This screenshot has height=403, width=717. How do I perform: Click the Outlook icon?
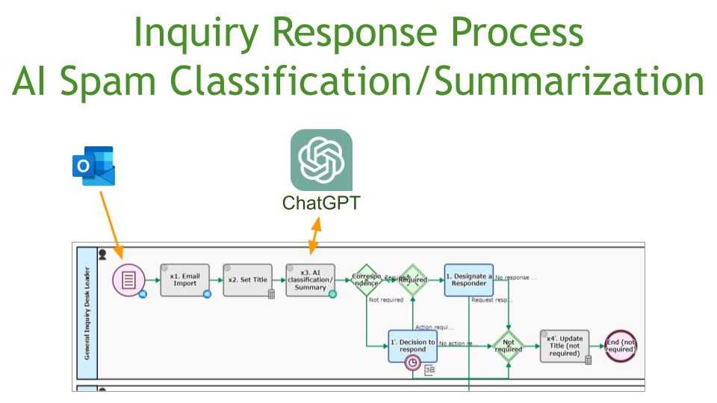click(93, 166)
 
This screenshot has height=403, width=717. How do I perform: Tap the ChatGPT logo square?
click(321, 160)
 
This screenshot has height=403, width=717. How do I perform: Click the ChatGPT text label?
click(321, 203)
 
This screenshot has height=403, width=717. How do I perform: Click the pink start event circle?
click(128, 281)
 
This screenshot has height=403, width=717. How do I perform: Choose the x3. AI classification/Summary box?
click(310, 281)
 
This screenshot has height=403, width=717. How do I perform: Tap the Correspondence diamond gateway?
click(367, 281)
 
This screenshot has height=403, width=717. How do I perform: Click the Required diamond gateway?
click(412, 281)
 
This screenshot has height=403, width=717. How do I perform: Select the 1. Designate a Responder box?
click(468, 280)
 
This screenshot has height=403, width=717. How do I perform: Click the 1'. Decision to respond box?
click(412, 346)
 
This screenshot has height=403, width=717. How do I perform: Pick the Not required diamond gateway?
click(509, 346)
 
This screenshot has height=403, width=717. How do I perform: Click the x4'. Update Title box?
click(565, 346)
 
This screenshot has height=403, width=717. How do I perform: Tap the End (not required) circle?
click(621, 346)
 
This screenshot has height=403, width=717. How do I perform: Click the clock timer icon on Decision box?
click(412, 363)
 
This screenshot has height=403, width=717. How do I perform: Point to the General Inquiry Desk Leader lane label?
click(87, 313)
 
